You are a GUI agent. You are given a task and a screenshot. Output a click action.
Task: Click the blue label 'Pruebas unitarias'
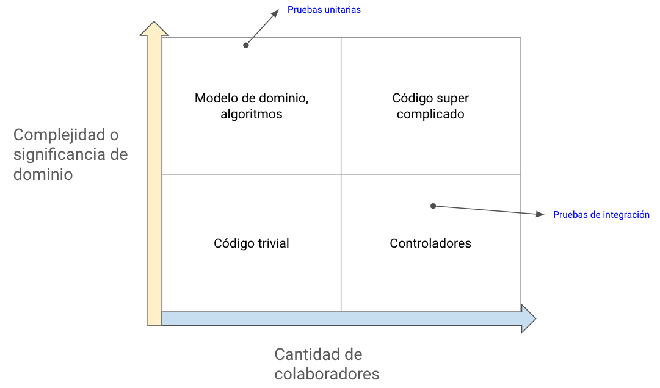(324, 10)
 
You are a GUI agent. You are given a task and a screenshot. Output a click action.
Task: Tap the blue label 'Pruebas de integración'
(601, 215)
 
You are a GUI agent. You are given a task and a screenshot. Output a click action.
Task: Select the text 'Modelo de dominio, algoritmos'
(252, 106)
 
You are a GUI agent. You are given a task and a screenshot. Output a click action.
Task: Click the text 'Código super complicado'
(430, 106)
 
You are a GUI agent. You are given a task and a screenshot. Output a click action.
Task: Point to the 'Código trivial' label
(252, 243)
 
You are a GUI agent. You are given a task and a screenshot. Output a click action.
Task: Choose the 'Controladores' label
(430, 243)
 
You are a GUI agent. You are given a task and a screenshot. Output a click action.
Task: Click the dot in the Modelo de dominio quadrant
(246, 45)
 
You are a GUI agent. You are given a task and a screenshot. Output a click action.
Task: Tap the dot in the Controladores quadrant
(433, 206)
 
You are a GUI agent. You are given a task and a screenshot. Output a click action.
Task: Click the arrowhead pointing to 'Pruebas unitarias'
(275, 14)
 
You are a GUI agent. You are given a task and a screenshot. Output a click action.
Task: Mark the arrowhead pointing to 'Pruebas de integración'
(540, 214)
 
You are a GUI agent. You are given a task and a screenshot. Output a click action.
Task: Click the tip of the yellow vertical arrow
(154, 22)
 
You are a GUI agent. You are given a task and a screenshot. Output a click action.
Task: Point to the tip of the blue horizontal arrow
(536, 318)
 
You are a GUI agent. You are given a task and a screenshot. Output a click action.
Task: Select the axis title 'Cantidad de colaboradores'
(327, 364)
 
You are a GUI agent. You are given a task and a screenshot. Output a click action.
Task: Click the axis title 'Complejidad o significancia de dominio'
(70, 154)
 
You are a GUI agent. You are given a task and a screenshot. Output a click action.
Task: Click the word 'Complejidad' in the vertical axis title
(59, 135)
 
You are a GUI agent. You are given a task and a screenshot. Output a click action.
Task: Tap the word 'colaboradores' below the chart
(327, 373)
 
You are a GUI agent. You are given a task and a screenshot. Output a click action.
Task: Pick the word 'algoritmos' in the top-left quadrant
(252, 114)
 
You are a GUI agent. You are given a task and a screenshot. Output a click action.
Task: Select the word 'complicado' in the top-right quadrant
(430, 114)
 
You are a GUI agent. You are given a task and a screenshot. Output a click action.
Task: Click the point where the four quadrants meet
(341, 174)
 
